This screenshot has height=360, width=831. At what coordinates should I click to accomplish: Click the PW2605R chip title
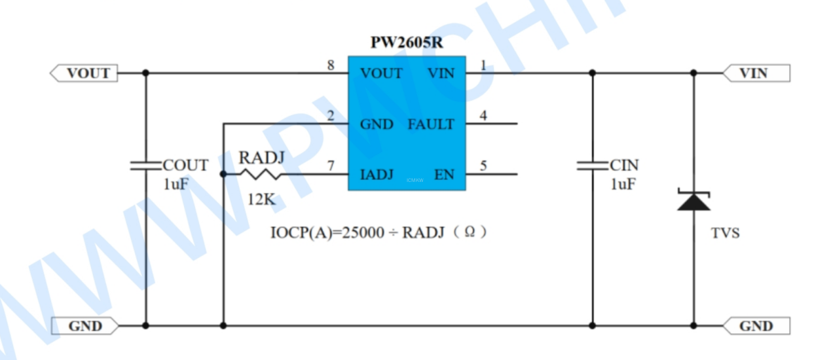pyautogui.click(x=407, y=43)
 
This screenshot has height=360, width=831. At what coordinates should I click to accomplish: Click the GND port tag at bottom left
pyautogui.click(x=86, y=326)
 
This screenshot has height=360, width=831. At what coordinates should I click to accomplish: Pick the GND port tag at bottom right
pyautogui.click(x=756, y=326)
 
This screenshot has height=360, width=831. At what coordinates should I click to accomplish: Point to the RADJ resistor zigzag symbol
pyautogui.click(x=260, y=175)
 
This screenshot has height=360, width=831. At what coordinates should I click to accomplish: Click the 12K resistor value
pyautogui.click(x=261, y=200)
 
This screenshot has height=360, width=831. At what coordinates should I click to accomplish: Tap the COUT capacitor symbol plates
pyautogui.click(x=145, y=165)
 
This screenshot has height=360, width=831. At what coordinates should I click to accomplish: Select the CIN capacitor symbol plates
pyautogui.click(x=593, y=165)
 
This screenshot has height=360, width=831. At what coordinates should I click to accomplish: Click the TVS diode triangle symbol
pyautogui.click(x=694, y=201)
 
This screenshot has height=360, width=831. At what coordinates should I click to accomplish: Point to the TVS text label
pyautogui.click(x=726, y=233)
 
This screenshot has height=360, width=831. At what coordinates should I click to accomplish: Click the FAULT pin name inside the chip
pyautogui.click(x=431, y=124)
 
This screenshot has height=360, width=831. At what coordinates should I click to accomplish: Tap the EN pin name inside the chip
pyautogui.click(x=444, y=175)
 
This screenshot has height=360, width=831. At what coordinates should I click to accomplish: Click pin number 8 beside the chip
pyautogui.click(x=331, y=65)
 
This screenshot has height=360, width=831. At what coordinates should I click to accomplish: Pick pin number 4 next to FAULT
pyautogui.click(x=483, y=116)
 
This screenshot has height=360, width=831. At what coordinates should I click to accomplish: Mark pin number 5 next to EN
pyautogui.click(x=483, y=166)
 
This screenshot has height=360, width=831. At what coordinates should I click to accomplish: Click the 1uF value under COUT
pyautogui.click(x=176, y=185)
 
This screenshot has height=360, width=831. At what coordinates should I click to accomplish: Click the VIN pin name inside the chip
pyautogui.click(x=441, y=73)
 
